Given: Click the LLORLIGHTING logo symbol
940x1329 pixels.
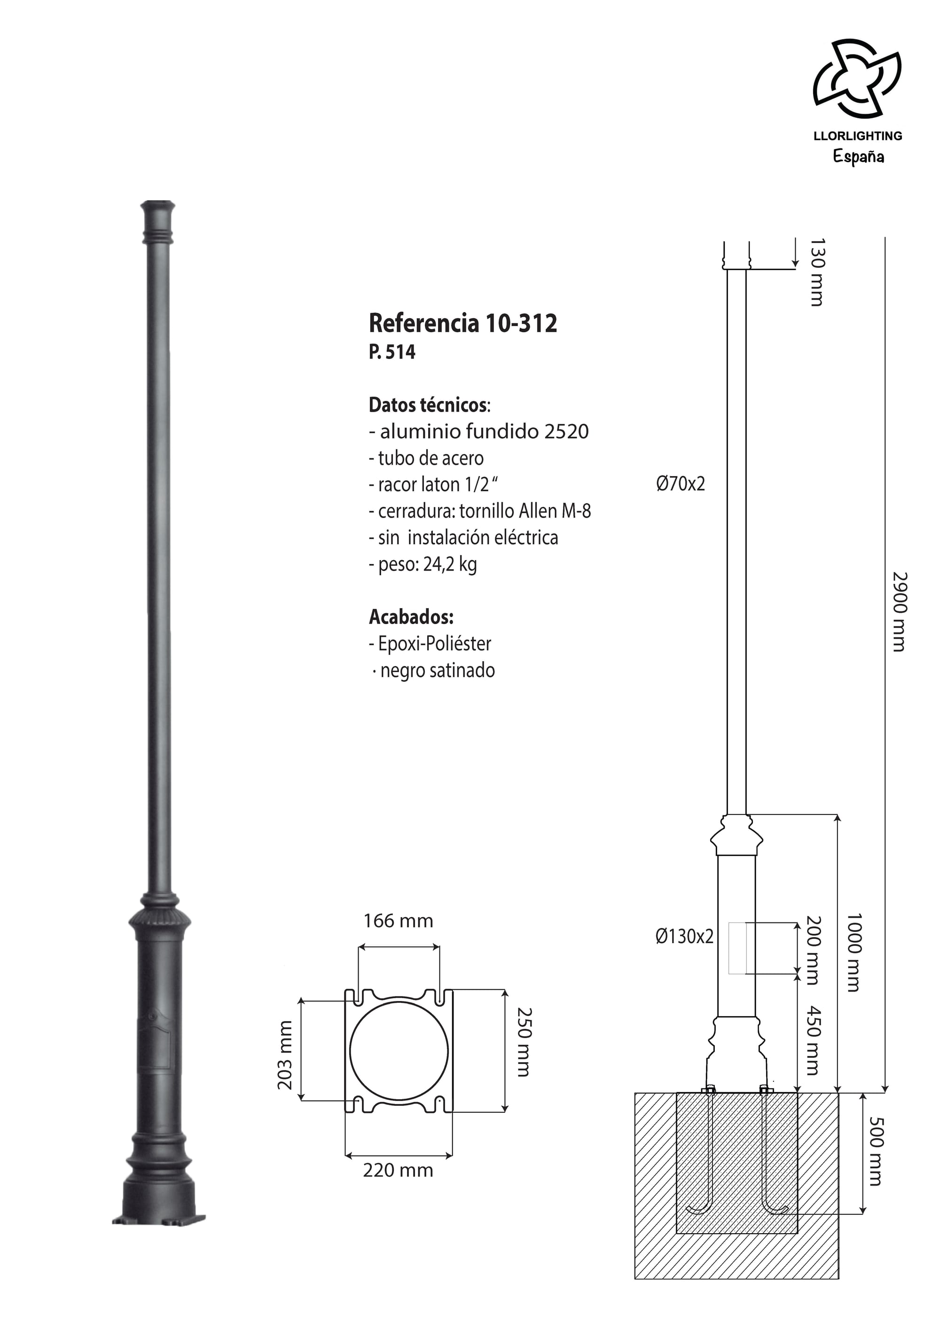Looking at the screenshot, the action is click(857, 78).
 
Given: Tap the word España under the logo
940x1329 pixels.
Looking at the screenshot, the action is click(858, 157).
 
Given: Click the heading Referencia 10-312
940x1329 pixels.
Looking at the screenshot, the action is click(462, 323).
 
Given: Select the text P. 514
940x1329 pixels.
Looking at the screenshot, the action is click(392, 352).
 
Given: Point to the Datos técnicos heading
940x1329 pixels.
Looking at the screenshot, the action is click(429, 405).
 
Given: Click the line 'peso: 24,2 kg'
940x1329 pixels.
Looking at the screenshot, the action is click(423, 564).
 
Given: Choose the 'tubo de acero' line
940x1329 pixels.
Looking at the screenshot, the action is click(426, 458).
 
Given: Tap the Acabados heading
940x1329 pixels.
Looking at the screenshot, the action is click(411, 617).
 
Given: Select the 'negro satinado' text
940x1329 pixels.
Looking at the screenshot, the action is click(434, 670).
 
